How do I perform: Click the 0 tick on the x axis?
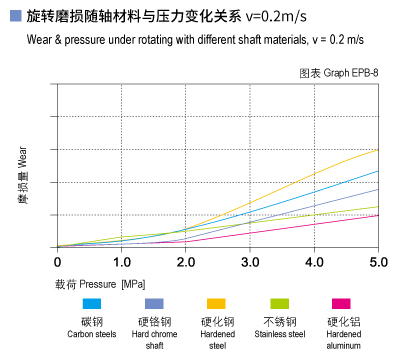point(57,262)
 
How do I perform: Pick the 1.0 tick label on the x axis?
point(121,262)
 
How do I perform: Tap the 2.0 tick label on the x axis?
point(185,262)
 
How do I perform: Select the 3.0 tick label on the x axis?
point(250,262)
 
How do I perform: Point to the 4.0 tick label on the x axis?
point(314,262)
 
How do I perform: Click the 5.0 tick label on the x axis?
point(378,262)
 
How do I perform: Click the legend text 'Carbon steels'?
point(92,334)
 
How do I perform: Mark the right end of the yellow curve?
point(378,150)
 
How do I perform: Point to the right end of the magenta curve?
point(378,215)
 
